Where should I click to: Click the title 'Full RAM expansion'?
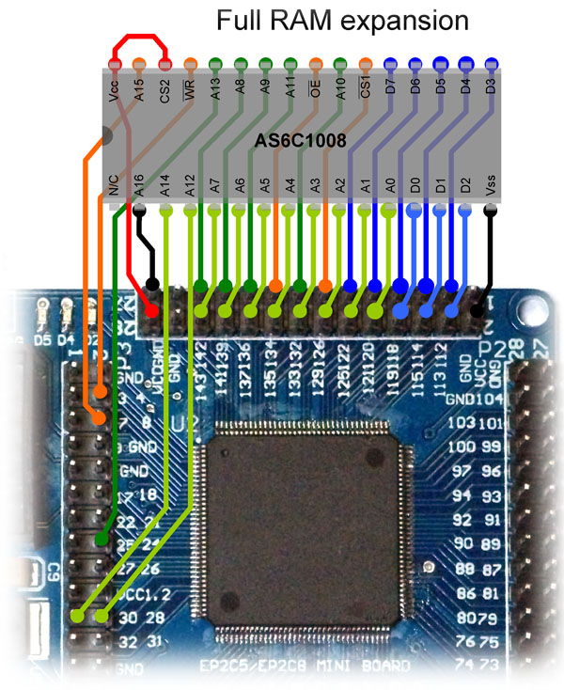tap(342, 21)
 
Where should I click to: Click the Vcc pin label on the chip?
tap(115, 95)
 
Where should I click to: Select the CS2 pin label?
tap(165, 95)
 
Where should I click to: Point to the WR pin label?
tap(191, 95)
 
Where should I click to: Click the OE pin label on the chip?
tap(316, 95)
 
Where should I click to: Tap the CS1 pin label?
tap(366, 95)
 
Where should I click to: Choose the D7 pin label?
tap(391, 95)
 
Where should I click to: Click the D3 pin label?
tap(491, 95)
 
